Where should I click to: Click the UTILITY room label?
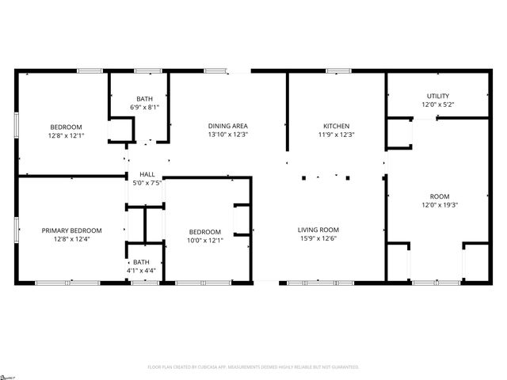[x=437, y=95]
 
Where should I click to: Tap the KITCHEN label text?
[x=336, y=126]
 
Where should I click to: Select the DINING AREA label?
[x=228, y=126]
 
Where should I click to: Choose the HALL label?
[x=147, y=174]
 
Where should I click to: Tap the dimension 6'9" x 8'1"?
[x=144, y=107]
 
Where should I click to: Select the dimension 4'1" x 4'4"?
[x=141, y=271]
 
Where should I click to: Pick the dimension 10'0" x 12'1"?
[x=204, y=240]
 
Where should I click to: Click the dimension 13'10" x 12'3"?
[x=228, y=135]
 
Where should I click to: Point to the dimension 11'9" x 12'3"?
[x=336, y=135]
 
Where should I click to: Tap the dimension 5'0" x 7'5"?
[x=147, y=183]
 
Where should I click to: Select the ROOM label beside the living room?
[x=439, y=196]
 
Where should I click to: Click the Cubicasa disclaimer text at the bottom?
[x=253, y=367]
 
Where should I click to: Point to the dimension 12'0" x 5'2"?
[x=437, y=104]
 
